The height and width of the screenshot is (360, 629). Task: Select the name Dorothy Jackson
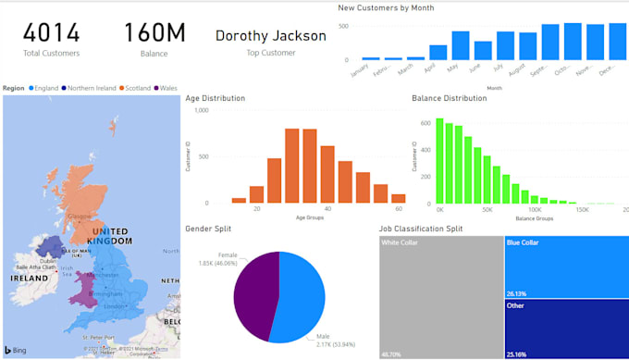(270, 36)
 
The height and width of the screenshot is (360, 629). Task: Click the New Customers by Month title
(386, 7)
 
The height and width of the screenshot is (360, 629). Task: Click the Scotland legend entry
(136, 88)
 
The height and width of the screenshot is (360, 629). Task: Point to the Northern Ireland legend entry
(91, 88)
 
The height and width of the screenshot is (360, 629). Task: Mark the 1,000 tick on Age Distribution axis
(201, 110)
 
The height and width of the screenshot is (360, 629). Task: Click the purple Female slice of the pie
(255, 287)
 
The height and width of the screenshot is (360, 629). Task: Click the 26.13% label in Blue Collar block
(516, 293)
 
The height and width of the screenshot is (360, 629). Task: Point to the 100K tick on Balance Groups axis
(535, 210)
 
